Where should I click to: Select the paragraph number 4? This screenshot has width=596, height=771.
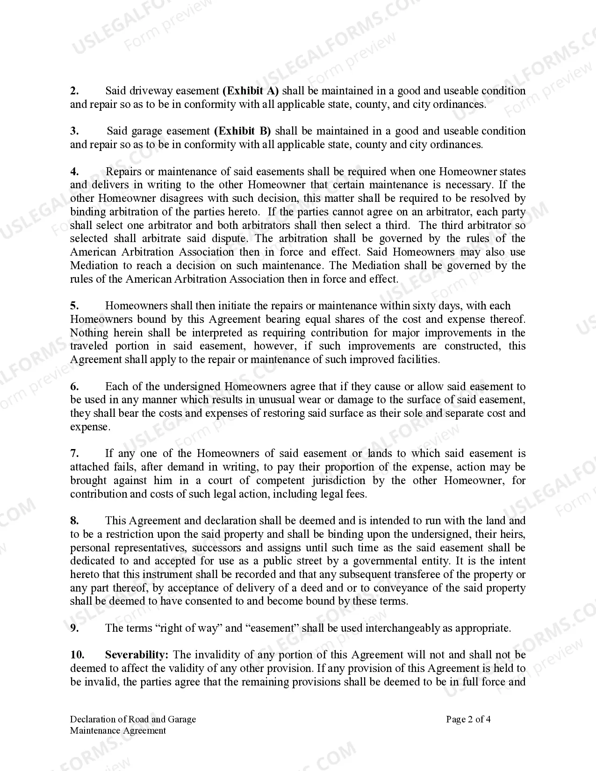pyautogui.click(x=74, y=171)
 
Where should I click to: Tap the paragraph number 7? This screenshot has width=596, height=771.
pyautogui.click(x=74, y=453)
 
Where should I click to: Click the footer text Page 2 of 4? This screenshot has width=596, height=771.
pyautogui.click(x=468, y=719)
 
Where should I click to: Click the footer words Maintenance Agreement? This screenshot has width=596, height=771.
pyautogui.click(x=118, y=730)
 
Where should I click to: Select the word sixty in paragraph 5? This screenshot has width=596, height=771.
pyautogui.click(x=424, y=306)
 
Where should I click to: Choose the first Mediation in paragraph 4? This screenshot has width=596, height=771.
pyautogui.click(x=94, y=265)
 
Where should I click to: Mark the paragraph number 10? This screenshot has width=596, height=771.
pyautogui.click(x=76, y=655)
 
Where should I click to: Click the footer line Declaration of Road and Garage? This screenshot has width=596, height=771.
pyautogui.click(x=133, y=719)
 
